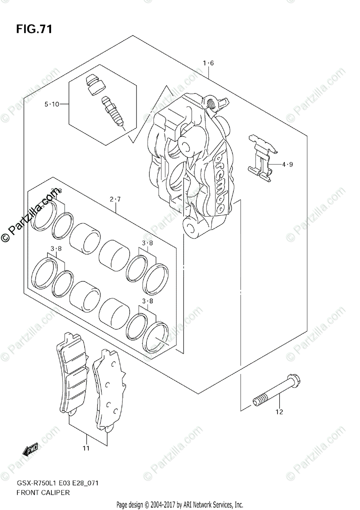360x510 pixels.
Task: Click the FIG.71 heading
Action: coord(34,29)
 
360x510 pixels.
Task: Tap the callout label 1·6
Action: coord(208,63)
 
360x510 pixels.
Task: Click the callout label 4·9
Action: coord(287,164)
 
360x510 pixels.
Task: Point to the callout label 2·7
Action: coord(115,198)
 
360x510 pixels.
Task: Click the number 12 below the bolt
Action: coord(279,411)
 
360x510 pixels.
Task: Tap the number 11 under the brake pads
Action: coord(86,448)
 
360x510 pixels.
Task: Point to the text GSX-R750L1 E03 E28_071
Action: coord(58,484)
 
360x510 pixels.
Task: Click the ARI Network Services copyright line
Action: coord(180,505)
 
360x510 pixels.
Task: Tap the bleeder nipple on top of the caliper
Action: coord(210,103)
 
